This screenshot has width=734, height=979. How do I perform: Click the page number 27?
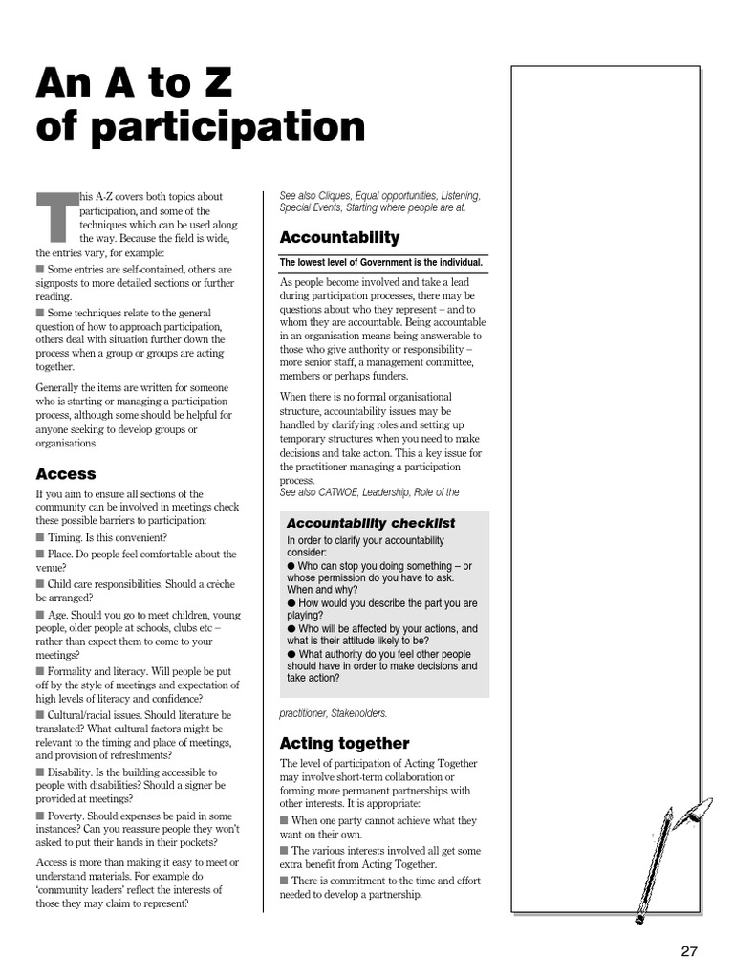coord(689,950)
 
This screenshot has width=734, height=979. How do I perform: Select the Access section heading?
coord(66,473)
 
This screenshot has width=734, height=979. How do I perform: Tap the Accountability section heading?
coord(339,237)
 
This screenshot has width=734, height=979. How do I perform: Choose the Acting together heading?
coord(344,743)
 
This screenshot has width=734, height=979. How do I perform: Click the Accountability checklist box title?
coord(371,523)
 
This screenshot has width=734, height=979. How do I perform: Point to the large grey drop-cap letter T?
coord(55,216)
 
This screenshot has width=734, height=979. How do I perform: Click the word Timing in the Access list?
coord(66,538)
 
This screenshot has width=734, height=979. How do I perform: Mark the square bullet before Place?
coord(40,554)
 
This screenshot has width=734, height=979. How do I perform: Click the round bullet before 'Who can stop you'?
coord(291,566)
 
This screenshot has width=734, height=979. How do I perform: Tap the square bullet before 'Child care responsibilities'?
coord(40,583)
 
